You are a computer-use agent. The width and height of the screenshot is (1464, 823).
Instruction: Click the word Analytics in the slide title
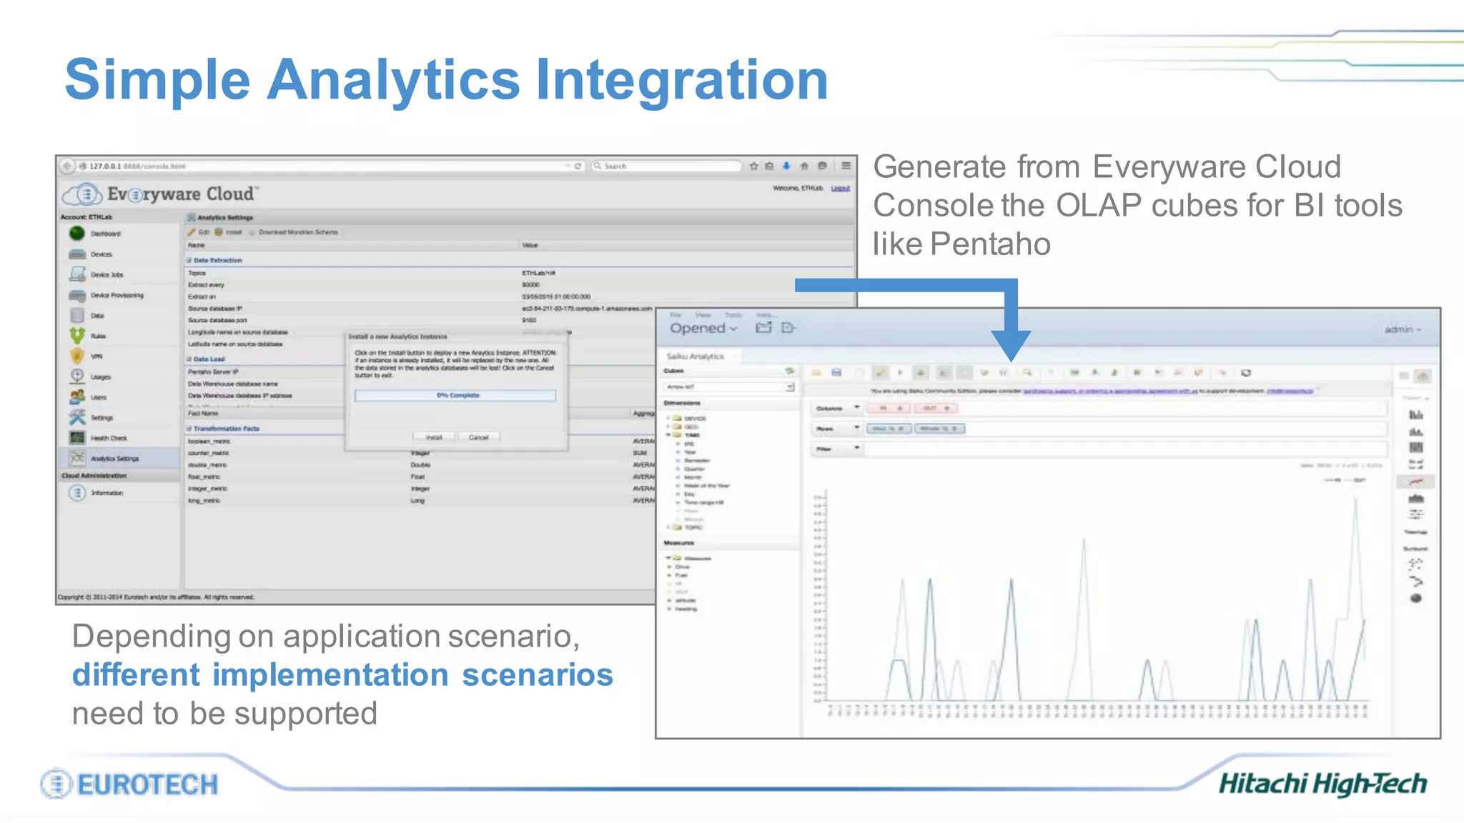[x=392, y=80]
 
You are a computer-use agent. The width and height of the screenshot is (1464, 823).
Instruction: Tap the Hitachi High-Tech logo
[x=1322, y=784]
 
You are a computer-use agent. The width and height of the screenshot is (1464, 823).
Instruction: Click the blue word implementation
[x=330, y=675]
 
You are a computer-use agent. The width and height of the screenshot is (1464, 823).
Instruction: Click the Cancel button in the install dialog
[x=478, y=437]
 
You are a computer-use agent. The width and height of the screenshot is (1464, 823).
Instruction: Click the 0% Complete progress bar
[x=455, y=395]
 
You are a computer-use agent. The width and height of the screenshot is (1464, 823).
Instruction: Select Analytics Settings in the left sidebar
[x=114, y=459]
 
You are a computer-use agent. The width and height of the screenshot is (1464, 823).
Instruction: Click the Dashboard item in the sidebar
[x=105, y=234]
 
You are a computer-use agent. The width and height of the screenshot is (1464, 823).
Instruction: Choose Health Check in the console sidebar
[x=108, y=438]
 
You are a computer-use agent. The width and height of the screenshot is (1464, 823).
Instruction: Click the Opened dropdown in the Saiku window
[x=703, y=328]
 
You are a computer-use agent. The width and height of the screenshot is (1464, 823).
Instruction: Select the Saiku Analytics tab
[x=696, y=356]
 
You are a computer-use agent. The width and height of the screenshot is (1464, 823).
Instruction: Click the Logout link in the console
[x=840, y=188]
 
